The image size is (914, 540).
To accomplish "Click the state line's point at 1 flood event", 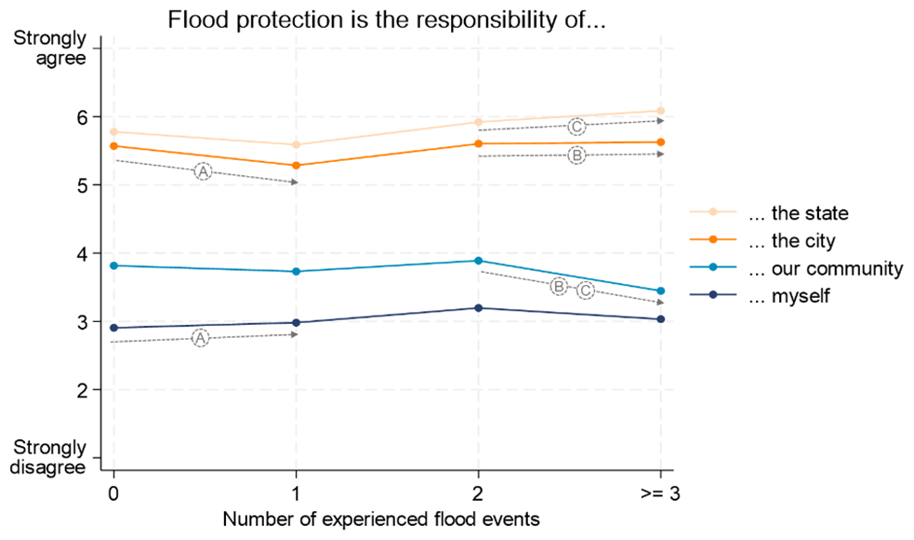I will coord(296,144).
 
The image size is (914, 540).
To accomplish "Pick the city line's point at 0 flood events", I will coord(113,146).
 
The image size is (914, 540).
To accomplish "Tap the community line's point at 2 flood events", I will coord(478,261).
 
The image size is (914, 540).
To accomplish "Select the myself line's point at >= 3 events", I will coord(660,319).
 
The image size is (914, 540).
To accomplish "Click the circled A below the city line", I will coord(204,171).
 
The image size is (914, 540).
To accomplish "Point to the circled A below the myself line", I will coord(201,338).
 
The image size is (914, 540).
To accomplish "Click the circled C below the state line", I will coord(576,127).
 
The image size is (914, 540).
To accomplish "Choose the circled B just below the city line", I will coord(576,155).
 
